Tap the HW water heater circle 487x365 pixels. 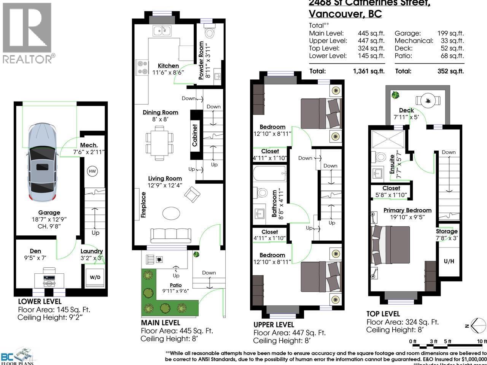(x=92, y=171)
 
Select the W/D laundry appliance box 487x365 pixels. (x=95, y=277)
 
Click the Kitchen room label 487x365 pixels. (x=168, y=66)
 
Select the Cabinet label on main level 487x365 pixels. (x=195, y=135)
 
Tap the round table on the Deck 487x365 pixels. (x=429, y=100)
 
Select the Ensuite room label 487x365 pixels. (x=392, y=164)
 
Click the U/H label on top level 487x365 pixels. (x=449, y=262)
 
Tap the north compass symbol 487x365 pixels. (x=478, y=325)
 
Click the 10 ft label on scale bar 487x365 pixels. (x=482, y=341)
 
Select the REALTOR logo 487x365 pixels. (x=27, y=33)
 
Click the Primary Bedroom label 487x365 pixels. (x=407, y=210)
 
